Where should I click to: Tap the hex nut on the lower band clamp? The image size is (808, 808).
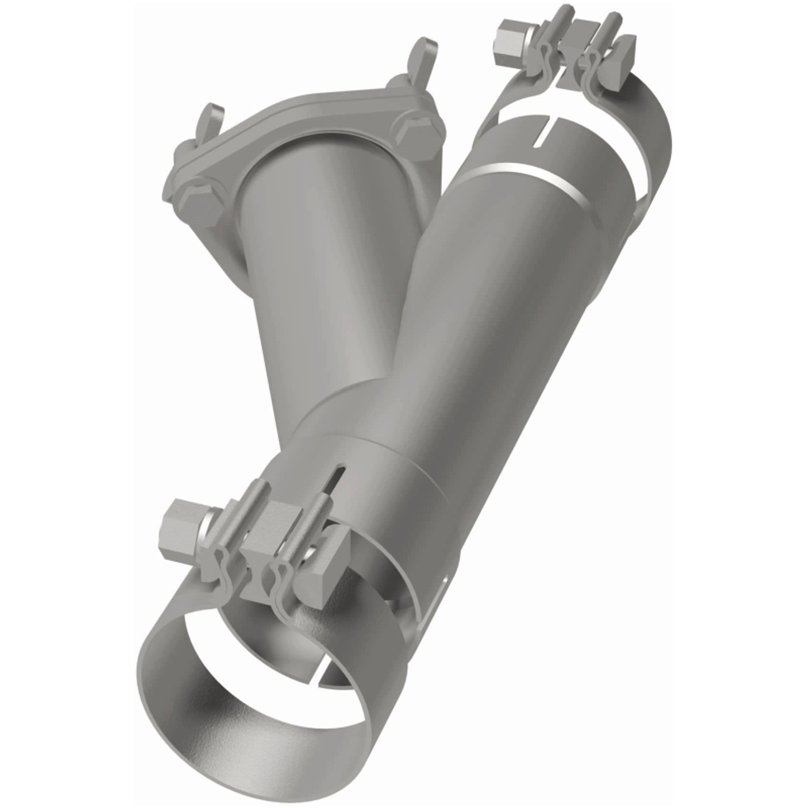point(185,521)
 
